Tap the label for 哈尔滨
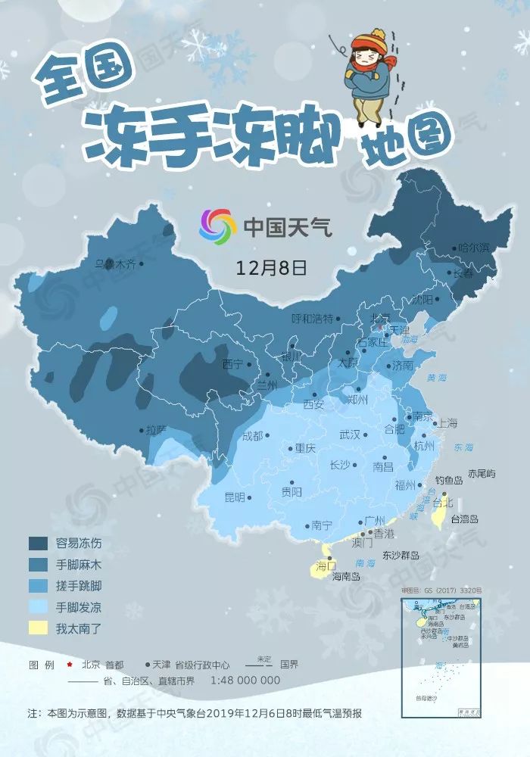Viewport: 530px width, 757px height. point(475,248)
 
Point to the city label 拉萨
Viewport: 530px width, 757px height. point(156,429)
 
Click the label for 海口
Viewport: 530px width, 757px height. point(326,565)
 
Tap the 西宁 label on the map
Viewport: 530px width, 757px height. point(233,364)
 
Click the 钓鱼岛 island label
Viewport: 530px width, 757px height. point(450,480)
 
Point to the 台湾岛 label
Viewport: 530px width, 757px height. point(465,519)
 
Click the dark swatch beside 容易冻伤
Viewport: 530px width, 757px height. point(39,543)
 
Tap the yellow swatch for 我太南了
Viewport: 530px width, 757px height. point(39,628)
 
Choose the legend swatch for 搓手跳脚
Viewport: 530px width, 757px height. point(39,585)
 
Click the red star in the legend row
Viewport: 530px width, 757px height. point(70,665)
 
